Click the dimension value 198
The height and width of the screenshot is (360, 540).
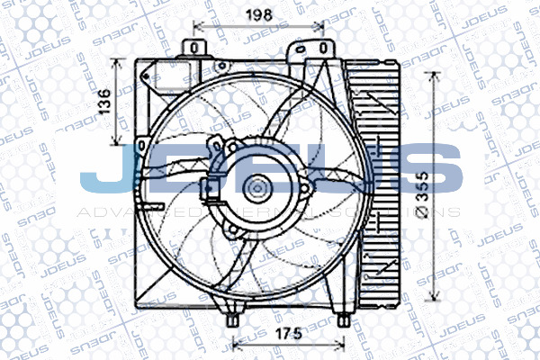click(x=258, y=13)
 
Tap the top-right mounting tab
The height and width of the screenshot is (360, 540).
click(x=321, y=50)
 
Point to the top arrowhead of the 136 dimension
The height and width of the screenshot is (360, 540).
click(x=115, y=63)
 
